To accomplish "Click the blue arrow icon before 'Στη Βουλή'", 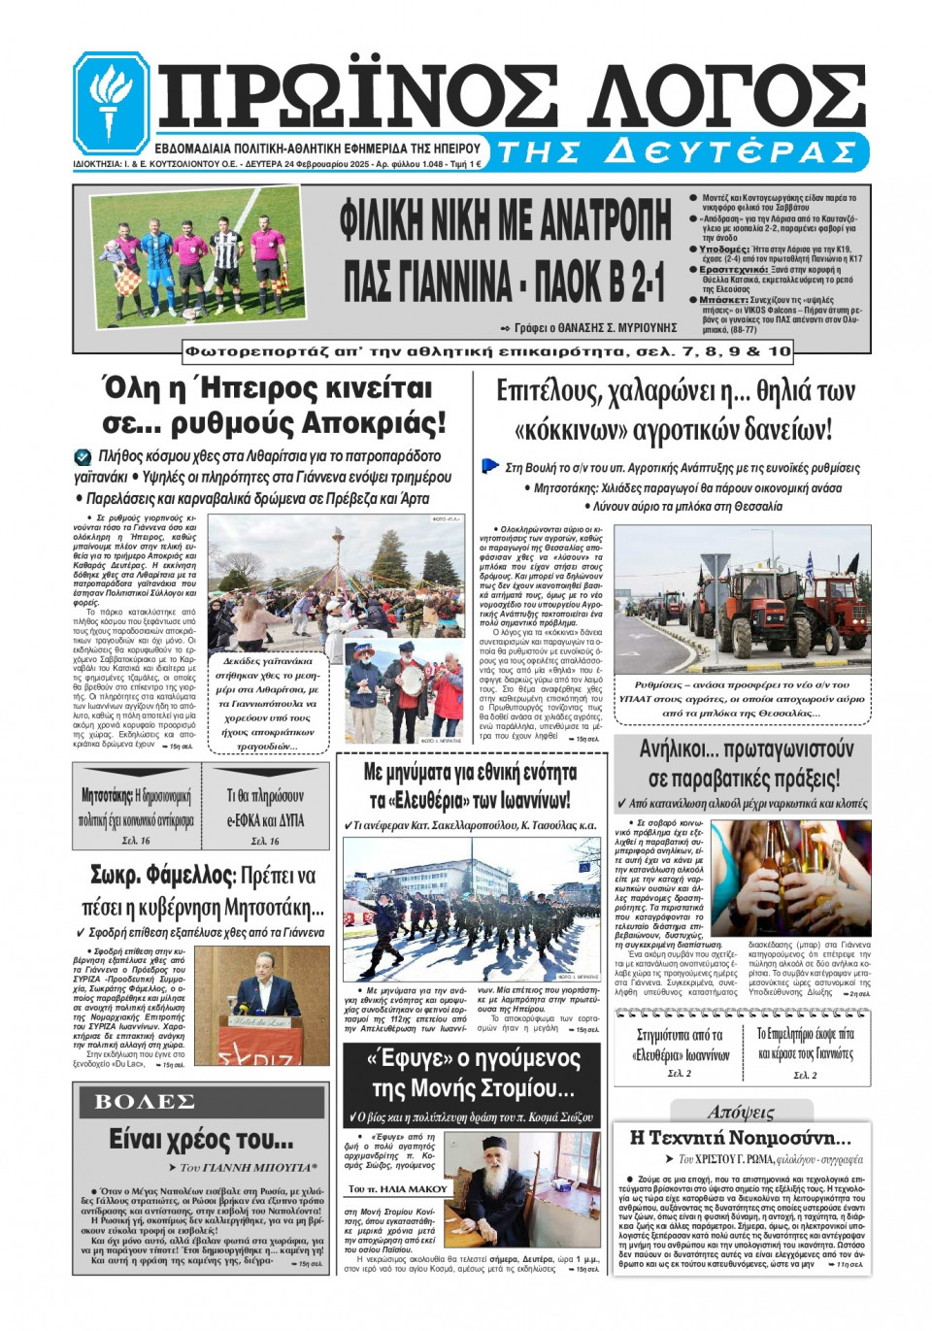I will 490,466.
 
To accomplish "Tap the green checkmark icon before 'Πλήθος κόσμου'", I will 83,456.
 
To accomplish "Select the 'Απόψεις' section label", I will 741,1112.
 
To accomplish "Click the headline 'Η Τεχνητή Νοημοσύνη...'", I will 741,1137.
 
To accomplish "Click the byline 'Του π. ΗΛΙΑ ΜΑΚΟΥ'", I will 398,1188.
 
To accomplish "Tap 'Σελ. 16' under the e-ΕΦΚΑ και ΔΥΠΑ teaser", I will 265,841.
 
